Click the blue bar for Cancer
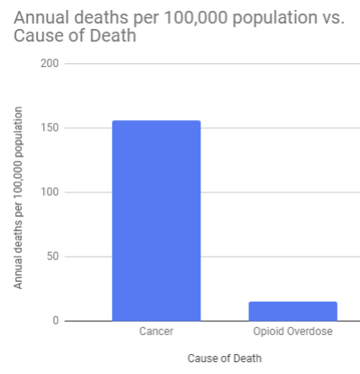(x=156, y=220)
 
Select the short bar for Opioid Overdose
(x=292, y=311)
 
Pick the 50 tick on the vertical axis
(x=51, y=257)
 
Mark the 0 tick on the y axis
(x=55, y=321)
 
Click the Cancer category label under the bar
(x=156, y=332)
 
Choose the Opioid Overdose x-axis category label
(x=292, y=332)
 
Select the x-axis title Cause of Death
(x=224, y=359)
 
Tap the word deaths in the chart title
(x=99, y=19)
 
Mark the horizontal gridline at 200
(x=208, y=64)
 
